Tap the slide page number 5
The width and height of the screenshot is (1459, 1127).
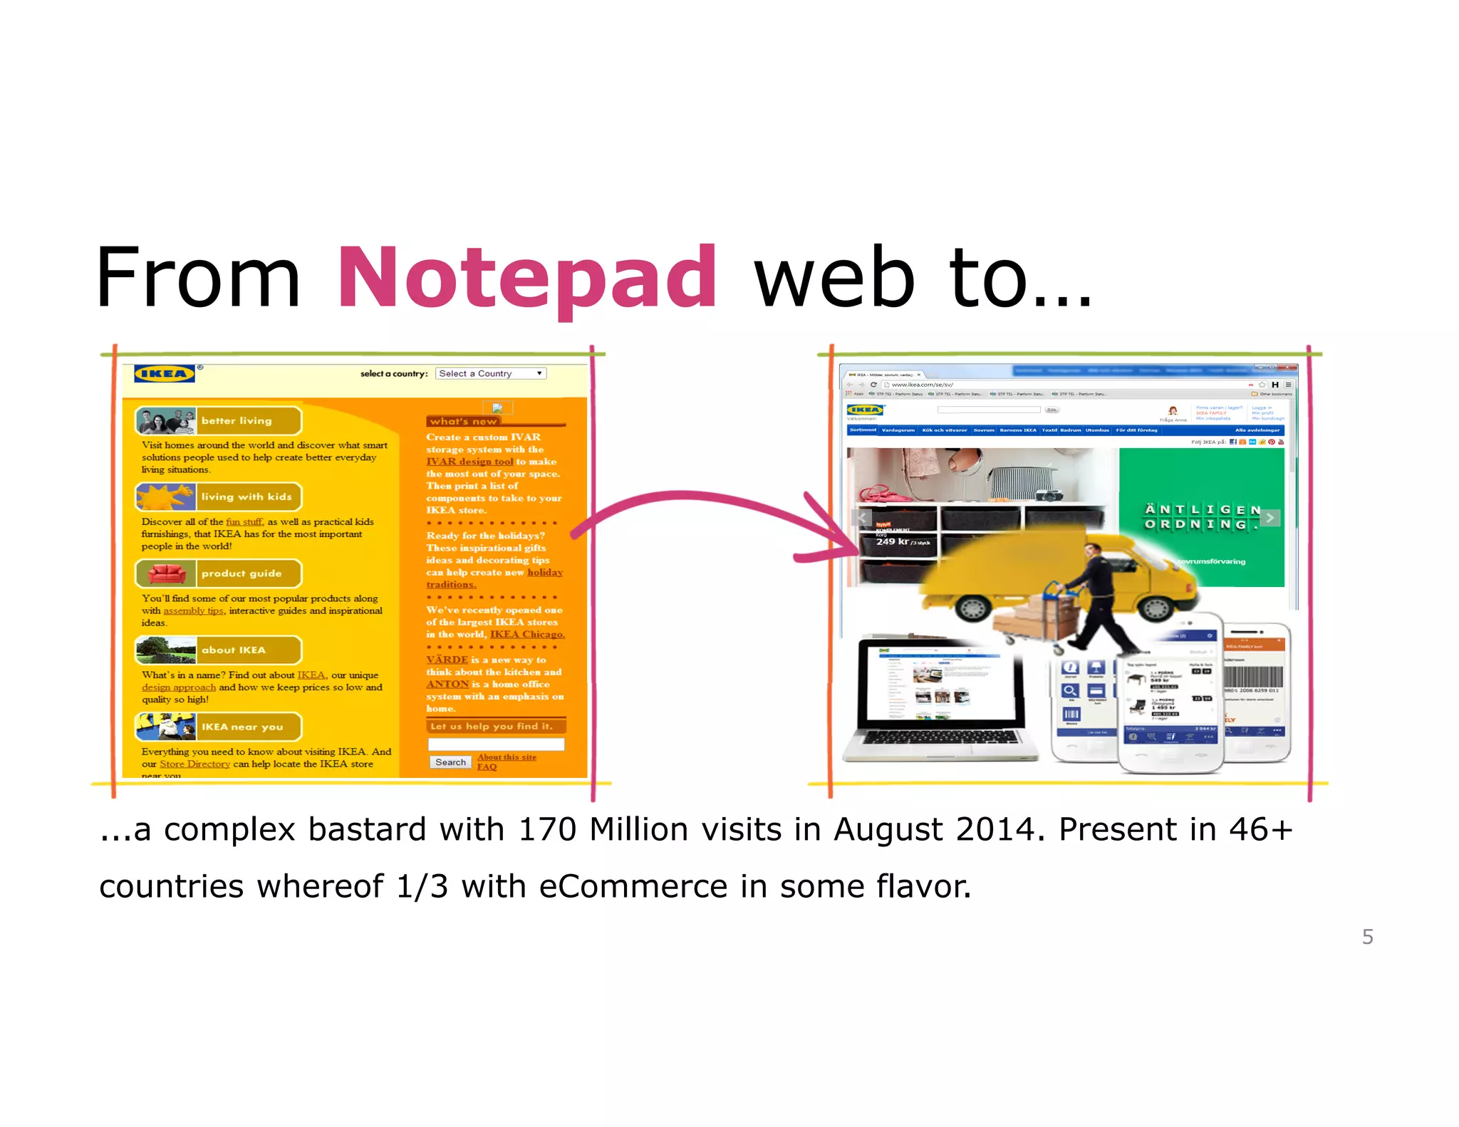pos(1367,936)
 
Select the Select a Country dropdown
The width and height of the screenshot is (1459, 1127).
pos(491,373)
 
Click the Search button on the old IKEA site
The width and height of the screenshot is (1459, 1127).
pos(450,762)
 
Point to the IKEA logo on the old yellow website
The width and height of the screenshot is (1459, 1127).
pos(165,373)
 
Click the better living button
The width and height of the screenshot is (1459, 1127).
pos(219,421)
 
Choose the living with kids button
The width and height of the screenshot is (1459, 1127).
pos(219,497)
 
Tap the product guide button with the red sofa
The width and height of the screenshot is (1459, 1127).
pos(219,573)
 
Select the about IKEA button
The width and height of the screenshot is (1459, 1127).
pos(219,650)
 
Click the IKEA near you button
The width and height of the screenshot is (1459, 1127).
pos(219,727)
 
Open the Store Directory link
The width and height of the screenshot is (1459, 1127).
pos(194,764)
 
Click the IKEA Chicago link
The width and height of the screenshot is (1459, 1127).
pos(527,634)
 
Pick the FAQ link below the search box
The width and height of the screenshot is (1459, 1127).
pos(487,767)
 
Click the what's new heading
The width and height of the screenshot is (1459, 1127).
pos(463,421)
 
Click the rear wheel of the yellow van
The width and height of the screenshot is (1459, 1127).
pos(972,607)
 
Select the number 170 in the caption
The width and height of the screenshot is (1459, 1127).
pos(547,829)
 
